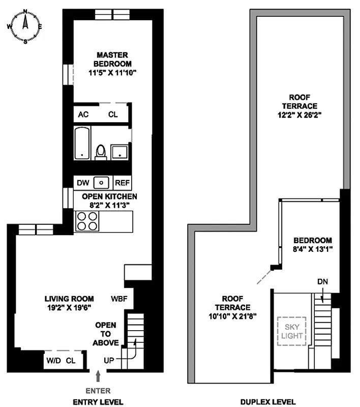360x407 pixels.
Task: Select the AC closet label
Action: (83, 114)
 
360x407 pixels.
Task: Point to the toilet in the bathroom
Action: (101, 152)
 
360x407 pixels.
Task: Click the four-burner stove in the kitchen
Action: (86, 221)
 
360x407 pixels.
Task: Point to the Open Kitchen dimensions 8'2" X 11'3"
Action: (105, 205)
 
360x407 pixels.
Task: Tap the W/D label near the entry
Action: (53, 361)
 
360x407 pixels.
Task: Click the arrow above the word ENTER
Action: (99, 376)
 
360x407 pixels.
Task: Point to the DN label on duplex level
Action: (322, 281)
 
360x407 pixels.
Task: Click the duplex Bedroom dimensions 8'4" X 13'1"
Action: (312, 249)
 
